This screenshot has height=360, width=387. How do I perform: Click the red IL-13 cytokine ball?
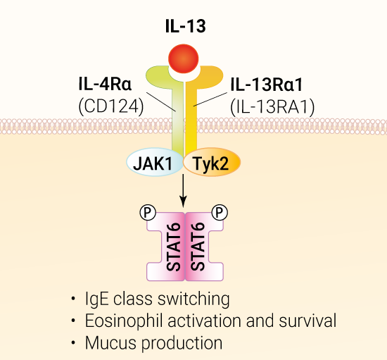point(184,58)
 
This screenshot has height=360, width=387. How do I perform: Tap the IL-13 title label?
point(186,26)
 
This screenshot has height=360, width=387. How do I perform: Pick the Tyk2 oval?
point(212,162)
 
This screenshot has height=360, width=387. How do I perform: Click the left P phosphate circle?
point(148,212)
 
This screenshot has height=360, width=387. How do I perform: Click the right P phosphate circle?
point(220,212)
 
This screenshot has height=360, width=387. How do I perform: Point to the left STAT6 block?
point(166,247)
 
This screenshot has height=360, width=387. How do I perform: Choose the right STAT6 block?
point(204,247)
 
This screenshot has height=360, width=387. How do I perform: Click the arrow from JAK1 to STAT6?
point(183,191)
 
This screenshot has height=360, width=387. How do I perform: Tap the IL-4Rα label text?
point(105,84)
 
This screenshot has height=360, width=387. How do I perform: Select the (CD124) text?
point(110,107)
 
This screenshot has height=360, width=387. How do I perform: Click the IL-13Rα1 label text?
point(266,85)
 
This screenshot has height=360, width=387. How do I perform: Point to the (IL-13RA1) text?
point(272,107)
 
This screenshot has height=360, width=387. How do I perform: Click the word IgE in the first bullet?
point(97,299)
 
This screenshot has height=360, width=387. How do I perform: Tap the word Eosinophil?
point(124,321)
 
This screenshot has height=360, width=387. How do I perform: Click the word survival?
point(307,321)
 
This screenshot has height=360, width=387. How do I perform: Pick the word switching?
point(193,299)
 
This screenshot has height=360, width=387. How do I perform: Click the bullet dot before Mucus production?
point(72,342)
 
